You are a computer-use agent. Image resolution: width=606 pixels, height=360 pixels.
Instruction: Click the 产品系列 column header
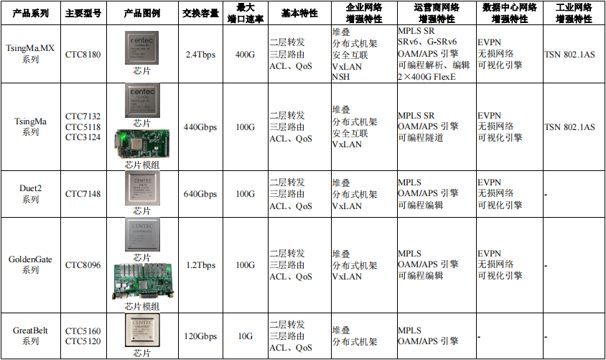pos(31,13)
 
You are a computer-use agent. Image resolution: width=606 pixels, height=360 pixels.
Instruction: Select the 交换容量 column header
pos(200,13)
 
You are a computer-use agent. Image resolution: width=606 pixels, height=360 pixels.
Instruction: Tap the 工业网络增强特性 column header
pos(574,13)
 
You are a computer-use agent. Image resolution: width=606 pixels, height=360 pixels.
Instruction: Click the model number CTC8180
pos(83,55)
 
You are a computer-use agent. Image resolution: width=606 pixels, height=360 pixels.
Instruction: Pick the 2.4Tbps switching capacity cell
pos(200,55)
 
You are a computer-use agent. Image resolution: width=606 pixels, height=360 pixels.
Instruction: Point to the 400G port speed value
pos(245,55)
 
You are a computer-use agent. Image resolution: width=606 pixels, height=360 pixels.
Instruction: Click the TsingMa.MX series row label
pos(31,53)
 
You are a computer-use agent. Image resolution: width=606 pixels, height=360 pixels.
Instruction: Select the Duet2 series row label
pos(31,193)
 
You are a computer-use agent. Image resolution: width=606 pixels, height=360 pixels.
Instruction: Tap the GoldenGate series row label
pos(31,264)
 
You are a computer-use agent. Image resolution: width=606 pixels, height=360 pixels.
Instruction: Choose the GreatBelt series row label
pos(31,336)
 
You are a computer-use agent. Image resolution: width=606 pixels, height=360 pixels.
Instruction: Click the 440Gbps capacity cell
pos(200,127)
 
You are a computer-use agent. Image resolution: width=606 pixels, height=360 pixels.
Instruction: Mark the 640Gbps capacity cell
pos(200,194)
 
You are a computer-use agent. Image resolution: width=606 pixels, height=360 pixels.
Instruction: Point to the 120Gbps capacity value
pos(200,336)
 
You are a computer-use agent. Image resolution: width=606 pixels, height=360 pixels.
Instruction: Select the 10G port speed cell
pos(245,336)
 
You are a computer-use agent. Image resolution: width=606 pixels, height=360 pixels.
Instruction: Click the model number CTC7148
pos(83,194)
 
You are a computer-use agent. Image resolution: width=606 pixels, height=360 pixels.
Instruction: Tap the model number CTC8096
pos(83,265)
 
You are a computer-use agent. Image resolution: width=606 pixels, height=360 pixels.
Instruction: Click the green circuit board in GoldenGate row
pos(143,282)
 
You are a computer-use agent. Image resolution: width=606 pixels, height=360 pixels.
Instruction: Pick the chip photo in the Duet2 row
pos(142,188)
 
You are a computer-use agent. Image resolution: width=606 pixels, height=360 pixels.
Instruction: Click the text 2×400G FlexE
pos(427,77)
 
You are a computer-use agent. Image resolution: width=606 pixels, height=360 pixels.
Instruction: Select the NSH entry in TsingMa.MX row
pos(341,77)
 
